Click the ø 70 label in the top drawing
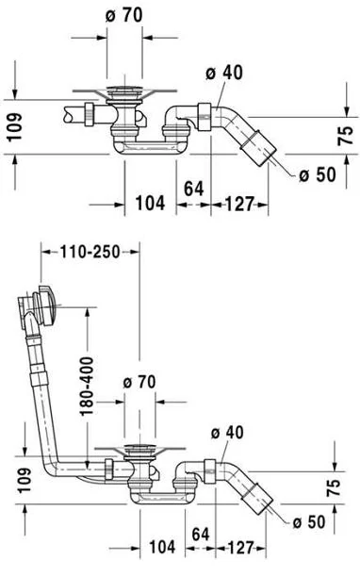tap(123, 15)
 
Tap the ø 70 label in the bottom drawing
tap(139, 383)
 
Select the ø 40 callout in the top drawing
tap(224, 73)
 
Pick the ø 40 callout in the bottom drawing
tap(227, 433)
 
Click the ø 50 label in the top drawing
tap(318, 174)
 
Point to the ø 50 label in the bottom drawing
tap(309, 521)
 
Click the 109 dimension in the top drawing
tap(15, 127)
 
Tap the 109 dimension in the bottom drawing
tap(25, 480)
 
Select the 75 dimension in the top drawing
tap(345, 136)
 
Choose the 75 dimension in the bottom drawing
tap(334, 488)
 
